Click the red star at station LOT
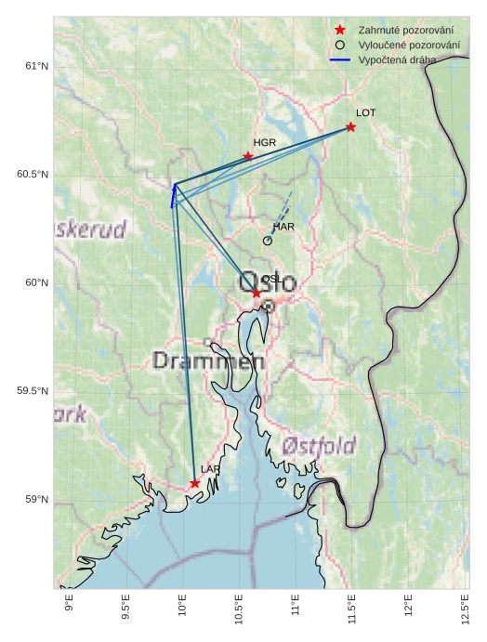tap(350, 126)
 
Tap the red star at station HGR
tap(248, 156)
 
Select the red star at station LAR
tap(194, 483)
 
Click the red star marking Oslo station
tap(257, 293)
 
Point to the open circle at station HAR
tap(268, 241)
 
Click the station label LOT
tap(365, 112)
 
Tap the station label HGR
tap(265, 143)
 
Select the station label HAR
tap(283, 227)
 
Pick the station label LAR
tap(211, 470)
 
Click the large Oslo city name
tap(268, 282)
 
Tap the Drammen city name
tap(203, 360)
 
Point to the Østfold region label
tap(319, 446)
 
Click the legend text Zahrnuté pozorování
tap(406, 31)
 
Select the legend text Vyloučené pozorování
tap(409, 45)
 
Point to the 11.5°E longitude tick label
tap(351, 610)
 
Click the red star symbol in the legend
tap(341, 31)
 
